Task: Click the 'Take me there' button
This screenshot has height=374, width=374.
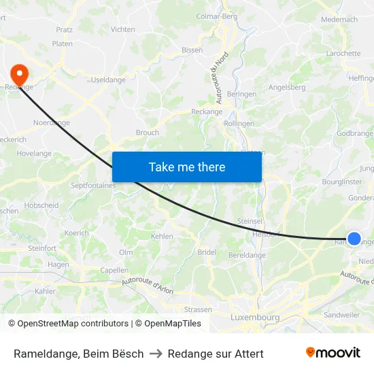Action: point(187,167)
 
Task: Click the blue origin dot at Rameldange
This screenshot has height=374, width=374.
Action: point(354,238)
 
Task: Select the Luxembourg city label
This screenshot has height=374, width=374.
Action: point(255,318)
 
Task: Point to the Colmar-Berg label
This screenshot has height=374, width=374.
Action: point(216,16)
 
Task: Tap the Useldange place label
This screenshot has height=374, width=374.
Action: point(106,80)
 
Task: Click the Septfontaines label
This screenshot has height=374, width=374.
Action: point(94,184)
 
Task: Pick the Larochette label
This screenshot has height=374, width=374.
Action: point(343,53)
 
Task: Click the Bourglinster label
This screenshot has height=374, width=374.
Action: point(341,182)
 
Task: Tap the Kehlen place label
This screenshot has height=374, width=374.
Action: point(162,236)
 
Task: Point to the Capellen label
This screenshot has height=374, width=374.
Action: point(114,269)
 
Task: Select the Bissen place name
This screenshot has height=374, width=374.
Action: point(192,50)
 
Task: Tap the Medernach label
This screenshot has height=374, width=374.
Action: point(339,20)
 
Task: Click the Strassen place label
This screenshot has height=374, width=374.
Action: point(198,309)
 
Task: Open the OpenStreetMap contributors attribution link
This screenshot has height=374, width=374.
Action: point(73,324)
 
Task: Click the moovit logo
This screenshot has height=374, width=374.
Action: point(333,352)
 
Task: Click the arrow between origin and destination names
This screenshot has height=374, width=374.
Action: point(156,354)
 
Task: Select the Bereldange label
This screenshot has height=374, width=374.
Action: point(247,255)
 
